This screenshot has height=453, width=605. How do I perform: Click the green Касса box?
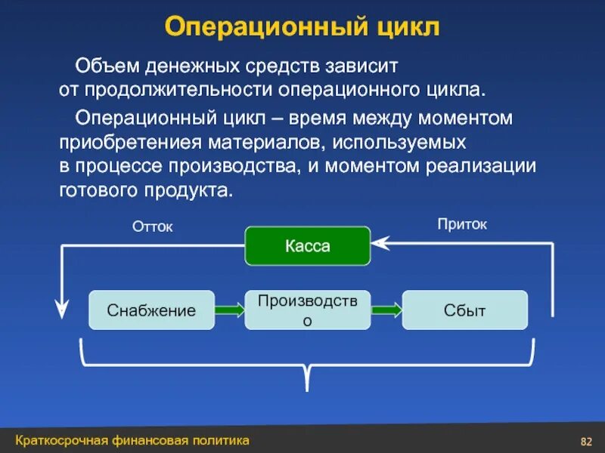click(x=308, y=246)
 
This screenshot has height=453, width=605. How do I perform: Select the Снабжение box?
click(x=151, y=310)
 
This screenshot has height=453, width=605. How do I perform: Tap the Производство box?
click(x=308, y=310)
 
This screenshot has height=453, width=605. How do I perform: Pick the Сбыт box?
click(x=464, y=310)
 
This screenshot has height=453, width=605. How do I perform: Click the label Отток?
click(x=153, y=226)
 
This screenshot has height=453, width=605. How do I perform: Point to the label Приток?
click(x=462, y=224)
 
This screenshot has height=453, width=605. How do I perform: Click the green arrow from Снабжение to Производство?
click(x=229, y=310)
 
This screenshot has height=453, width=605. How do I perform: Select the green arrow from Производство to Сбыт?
click(x=386, y=310)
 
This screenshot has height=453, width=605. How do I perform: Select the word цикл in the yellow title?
click(x=408, y=28)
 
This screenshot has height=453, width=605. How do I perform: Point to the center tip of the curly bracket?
click(x=308, y=387)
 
